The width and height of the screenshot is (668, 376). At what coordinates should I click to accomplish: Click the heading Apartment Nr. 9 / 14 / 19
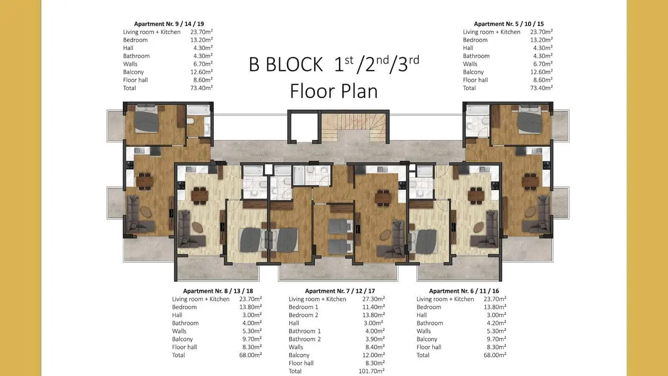(169, 24)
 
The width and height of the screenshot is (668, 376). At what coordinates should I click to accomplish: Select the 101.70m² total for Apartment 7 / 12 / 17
(372, 371)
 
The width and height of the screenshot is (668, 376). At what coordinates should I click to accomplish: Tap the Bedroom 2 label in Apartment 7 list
(303, 315)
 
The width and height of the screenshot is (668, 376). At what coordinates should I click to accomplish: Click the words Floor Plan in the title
(334, 91)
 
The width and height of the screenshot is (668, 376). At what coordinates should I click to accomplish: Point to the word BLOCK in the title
(294, 64)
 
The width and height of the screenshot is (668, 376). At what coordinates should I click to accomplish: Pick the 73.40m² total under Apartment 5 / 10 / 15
(541, 88)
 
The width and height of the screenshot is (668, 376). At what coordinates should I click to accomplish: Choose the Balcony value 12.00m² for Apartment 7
(373, 355)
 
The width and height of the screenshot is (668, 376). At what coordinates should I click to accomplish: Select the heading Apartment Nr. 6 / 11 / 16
(464, 291)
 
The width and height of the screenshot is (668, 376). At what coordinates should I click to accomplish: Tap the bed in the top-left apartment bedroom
(146, 119)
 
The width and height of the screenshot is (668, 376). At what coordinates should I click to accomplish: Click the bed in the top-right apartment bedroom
(530, 119)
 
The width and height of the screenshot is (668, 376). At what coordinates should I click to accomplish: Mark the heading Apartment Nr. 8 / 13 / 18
(218, 291)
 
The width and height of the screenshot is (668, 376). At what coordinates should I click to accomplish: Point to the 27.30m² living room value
(373, 299)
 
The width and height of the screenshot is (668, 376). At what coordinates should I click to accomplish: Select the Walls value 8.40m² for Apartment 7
(375, 347)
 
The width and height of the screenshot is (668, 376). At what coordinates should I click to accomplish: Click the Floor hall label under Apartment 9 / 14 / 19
(135, 80)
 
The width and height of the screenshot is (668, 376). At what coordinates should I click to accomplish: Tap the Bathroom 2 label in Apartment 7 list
(304, 339)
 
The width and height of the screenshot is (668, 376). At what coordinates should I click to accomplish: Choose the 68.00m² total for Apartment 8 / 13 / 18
(250, 355)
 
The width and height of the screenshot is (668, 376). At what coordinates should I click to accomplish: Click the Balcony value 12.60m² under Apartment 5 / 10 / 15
(541, 72)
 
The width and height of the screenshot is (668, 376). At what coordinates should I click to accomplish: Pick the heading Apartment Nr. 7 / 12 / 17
(340, 291)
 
